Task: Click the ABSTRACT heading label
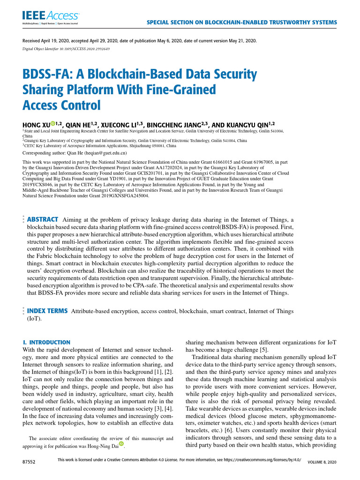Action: coord(43,219)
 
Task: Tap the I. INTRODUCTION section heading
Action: coord(46,343)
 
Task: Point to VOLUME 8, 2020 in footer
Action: coord(322,462)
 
